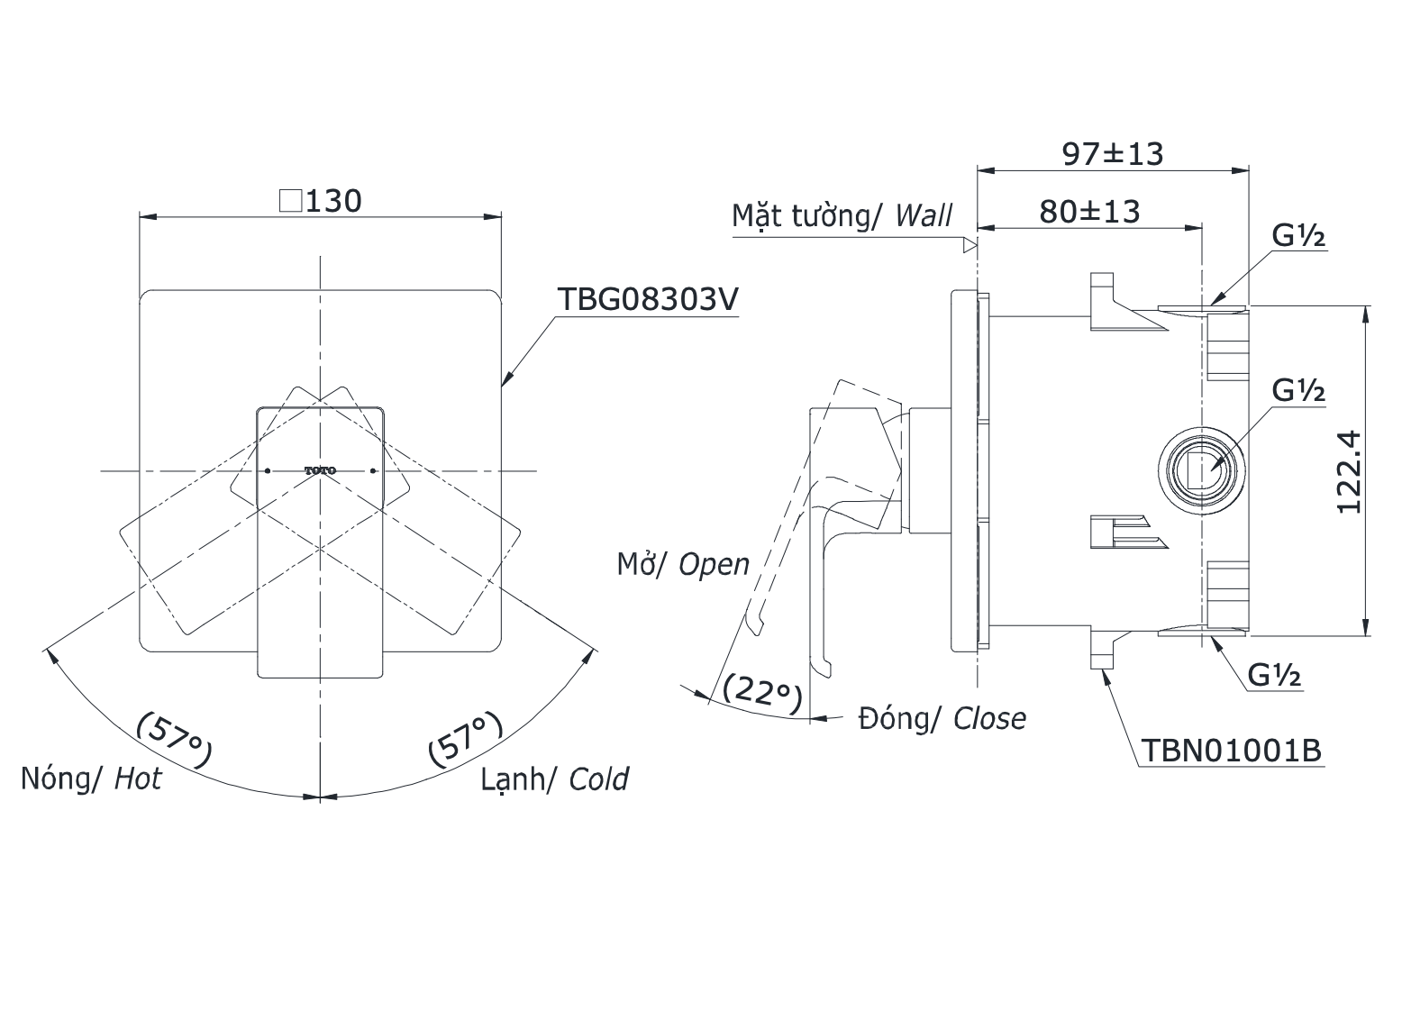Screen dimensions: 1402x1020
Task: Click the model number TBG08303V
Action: (648, 299)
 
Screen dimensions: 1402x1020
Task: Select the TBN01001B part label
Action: (1231, 750)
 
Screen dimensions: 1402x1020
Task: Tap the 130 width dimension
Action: (333, 202)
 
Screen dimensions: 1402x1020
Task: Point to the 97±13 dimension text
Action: (1113, 154)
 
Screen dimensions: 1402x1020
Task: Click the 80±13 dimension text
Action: (1089, 212)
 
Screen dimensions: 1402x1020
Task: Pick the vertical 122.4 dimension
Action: (1350, 471)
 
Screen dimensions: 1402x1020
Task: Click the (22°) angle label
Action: (762, 694)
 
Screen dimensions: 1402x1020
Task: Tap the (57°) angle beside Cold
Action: (466, 739)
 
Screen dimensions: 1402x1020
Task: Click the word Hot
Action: (138, 779)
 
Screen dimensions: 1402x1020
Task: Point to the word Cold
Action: (598, 779)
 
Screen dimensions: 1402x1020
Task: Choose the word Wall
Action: (924, 216)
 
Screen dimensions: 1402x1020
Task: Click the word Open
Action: (715, 565)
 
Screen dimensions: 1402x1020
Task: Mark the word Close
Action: (989, 719)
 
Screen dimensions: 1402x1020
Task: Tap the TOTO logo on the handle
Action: (321, 470)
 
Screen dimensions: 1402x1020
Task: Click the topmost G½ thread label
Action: (1298, 236)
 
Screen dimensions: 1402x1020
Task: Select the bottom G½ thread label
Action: (1274, 675)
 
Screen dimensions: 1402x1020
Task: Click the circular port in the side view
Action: (1201, 470)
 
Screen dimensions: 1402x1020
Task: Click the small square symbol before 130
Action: (290, 202)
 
